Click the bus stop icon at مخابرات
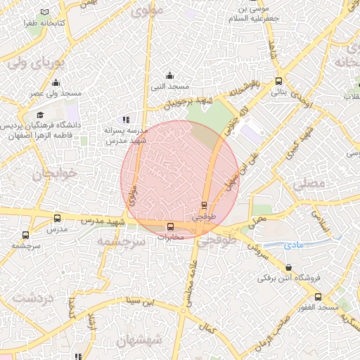point(170,226)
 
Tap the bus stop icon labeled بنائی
point(279,81)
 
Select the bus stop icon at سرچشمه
point(26,235)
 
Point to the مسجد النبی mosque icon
point(169,75)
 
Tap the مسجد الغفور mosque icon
point(318,297)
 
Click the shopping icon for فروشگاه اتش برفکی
point(290,268)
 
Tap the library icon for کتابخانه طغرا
point(46,13)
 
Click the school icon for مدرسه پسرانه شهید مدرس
point(126,120)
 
